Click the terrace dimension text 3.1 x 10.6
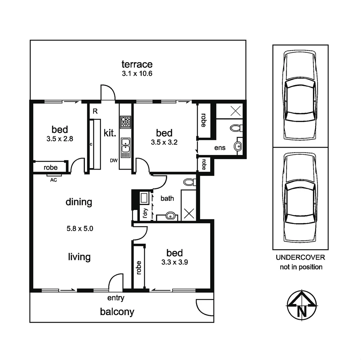pyautogui.click(x=137, y=74)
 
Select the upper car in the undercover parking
pyautogui.click(x=300, y=96)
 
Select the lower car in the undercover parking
pyautogui.click(x=300, y=198)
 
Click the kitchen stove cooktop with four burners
pyautogui.click(x=126, y=122)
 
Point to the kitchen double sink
pyautogui.click(x=126, y=147)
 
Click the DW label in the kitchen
pyautogui.click(x=114, y=161)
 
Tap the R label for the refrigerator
pyautogui.click(x=95, y=112)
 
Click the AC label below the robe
pyautogui.click(x=53, y=180)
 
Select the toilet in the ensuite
pyautogui.click(x=236, y=128)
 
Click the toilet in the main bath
pyautogui.click(x=190, y=182)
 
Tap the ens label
pyautogui.click(x=220, y=148)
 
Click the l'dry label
pyautogui.click(x=145, y=213)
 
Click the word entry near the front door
pyautogui.click(x=116, y=298)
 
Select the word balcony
pyautogui.click(x=117, y=312)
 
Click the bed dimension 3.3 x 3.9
pyautogui.click(x=175, y=262)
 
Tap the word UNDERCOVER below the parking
pyautogui.click(x=301, y=258)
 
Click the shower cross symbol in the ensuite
pyautogui.click(x=235, y=111)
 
